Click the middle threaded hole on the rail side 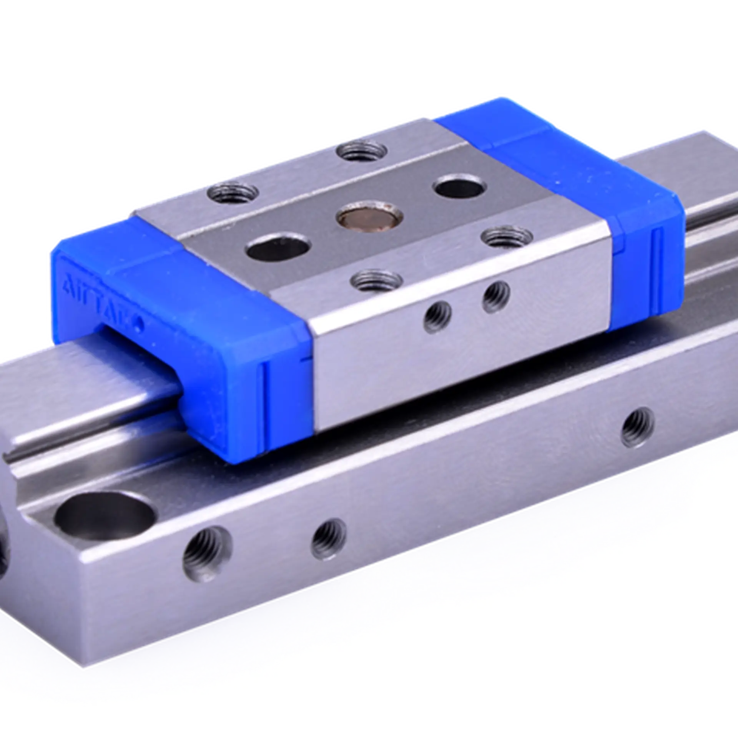click(x=329, y=535)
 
